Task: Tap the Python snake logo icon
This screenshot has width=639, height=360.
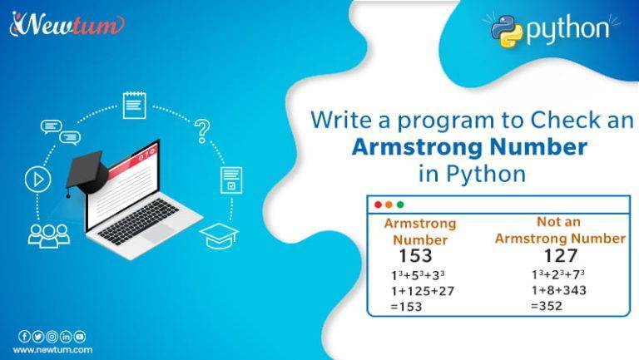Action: tap(507, 31)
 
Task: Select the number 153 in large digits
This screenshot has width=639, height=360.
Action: tap(415, 255)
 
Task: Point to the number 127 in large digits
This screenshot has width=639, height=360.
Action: tap(560, 255)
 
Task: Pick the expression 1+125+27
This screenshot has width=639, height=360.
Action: tap(423, 290)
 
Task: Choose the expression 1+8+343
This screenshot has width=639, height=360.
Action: tap(559, 290)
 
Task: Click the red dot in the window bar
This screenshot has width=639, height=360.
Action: tap(378, 205)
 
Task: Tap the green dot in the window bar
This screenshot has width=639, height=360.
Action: tap(400, 205)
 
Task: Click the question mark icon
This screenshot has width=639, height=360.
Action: tap(201, 130)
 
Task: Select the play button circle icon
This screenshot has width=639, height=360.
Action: tap(37, 180)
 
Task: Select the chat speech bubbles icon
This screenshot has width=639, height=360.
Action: tap(60, 131)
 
